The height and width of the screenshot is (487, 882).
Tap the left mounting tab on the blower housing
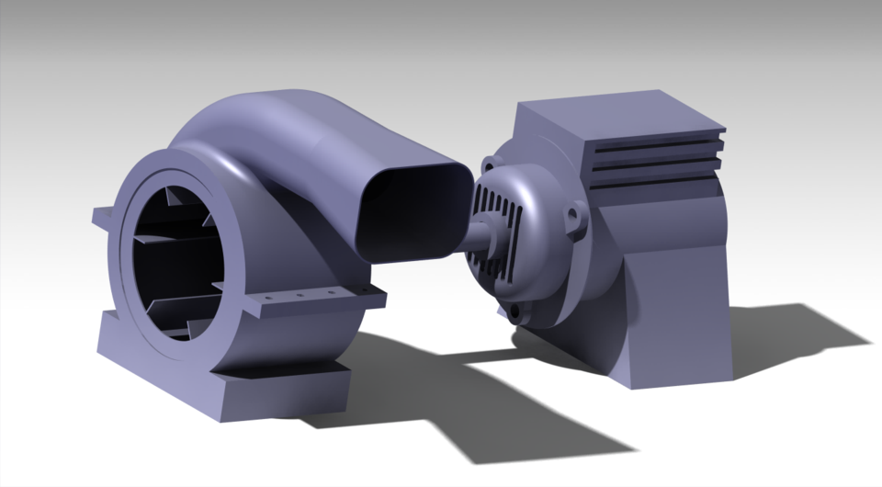[x=103, y=219]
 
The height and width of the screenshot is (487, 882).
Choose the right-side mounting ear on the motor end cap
[x=577, y=221]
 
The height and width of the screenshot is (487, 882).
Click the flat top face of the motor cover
[x=625, y=111]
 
